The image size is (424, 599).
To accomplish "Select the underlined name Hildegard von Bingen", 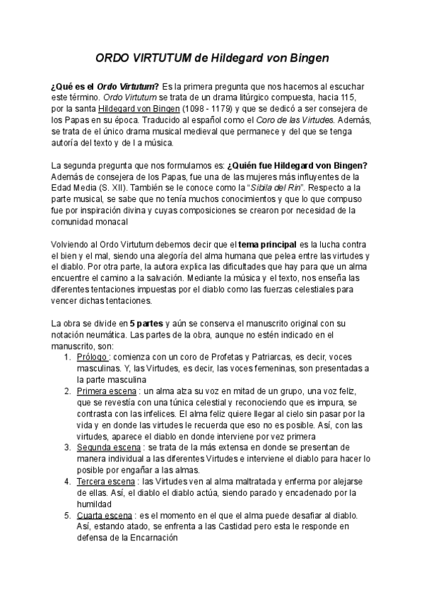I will point(141,110).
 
